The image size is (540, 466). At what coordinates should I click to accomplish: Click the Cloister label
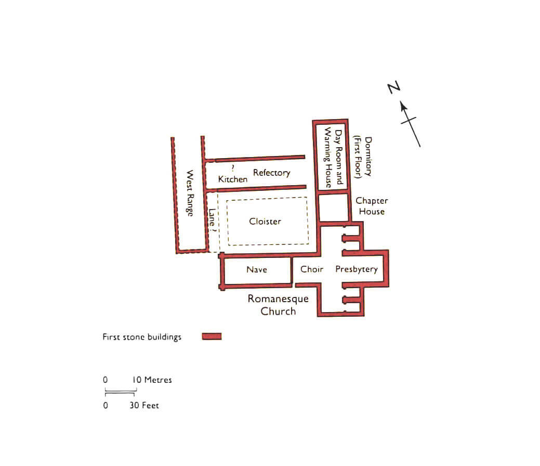265,221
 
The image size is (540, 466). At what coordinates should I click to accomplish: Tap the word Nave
257,269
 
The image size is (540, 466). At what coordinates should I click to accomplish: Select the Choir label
312,269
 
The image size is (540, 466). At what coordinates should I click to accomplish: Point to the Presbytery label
357,269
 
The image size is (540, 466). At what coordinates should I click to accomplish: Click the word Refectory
272,173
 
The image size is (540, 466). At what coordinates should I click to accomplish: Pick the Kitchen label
233,179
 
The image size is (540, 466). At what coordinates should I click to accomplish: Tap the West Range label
190,193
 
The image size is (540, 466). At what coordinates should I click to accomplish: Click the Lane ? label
212,220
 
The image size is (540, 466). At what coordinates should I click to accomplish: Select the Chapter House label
372,206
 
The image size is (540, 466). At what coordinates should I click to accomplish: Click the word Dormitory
368,157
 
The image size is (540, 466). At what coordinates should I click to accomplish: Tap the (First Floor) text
358,157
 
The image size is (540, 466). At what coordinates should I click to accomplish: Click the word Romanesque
278,299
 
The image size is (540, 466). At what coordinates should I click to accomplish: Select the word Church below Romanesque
278,311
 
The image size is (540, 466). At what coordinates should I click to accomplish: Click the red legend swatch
212,336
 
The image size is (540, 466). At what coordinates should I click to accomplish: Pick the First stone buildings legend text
142,336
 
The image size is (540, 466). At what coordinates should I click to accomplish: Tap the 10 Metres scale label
152,380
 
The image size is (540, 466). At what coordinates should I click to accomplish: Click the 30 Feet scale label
144,405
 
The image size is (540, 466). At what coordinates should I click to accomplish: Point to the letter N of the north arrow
393,87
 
